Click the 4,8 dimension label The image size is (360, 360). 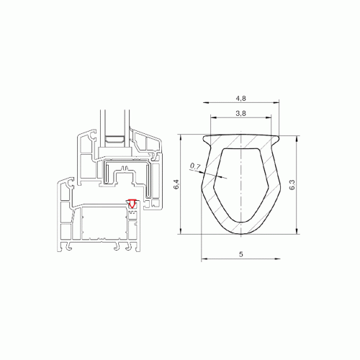point(240,99)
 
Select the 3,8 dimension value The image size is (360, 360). point(240,113)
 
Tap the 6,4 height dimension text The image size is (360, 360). point(176,184)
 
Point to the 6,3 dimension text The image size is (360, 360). point(292,184)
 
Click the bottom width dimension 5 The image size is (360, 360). point(241,254)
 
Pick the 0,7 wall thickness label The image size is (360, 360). point(195,166)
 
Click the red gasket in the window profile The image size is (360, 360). point(132,203)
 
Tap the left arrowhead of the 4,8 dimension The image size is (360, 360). point(207,103)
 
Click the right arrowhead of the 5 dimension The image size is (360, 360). point(277,258)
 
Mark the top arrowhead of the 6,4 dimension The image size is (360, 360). point(180,138)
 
